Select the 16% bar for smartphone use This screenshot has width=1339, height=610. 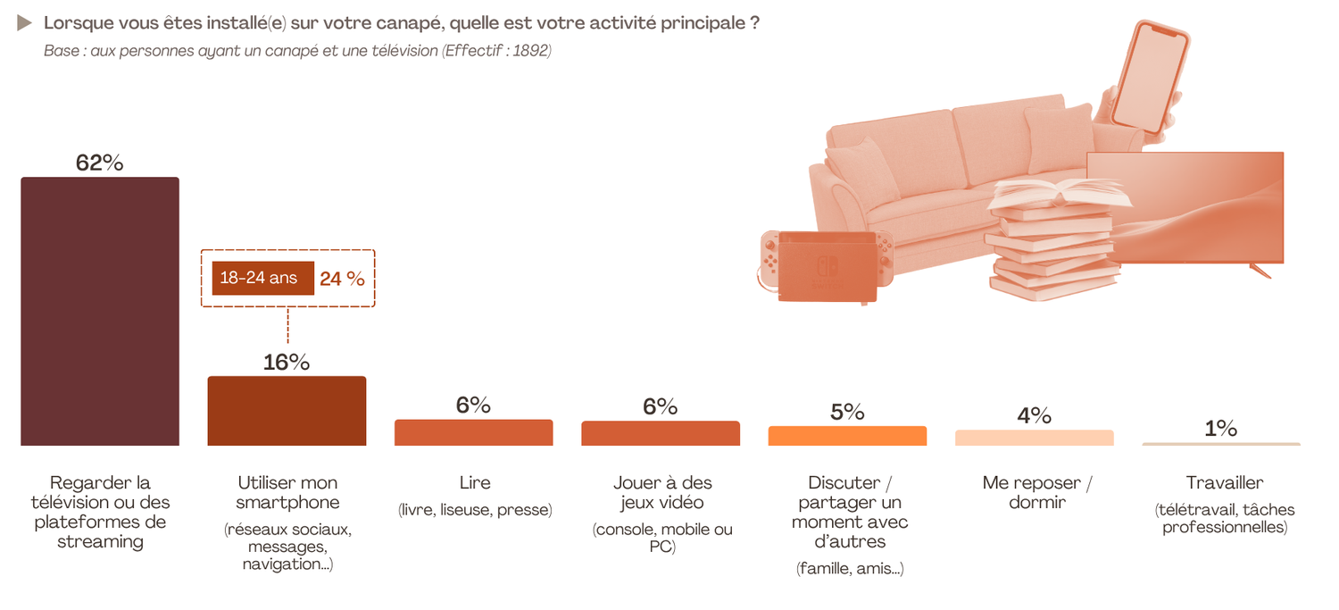tap(287, 411)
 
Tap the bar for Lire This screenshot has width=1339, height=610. tap(474, 432)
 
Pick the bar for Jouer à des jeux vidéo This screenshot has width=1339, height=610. tap(661, 433)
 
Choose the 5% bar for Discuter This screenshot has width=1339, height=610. tap(847, 436)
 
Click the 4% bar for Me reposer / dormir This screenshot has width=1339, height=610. tap(1034, 438)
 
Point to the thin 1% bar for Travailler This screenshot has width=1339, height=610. tap(1220, 444)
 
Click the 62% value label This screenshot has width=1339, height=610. tap(100, 163)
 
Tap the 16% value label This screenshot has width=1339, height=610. tap(287, 362)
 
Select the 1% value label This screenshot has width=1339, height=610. tap(1220, 428)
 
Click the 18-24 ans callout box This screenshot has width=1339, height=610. tap(258, 278)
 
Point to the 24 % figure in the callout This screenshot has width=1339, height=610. tap(342, 279)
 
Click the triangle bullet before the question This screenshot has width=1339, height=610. tap(25, 23)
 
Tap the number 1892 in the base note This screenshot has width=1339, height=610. tap(532, 51)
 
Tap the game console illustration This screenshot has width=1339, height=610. tap(825, 265)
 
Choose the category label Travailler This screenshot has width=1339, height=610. tap(1224, 483)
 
